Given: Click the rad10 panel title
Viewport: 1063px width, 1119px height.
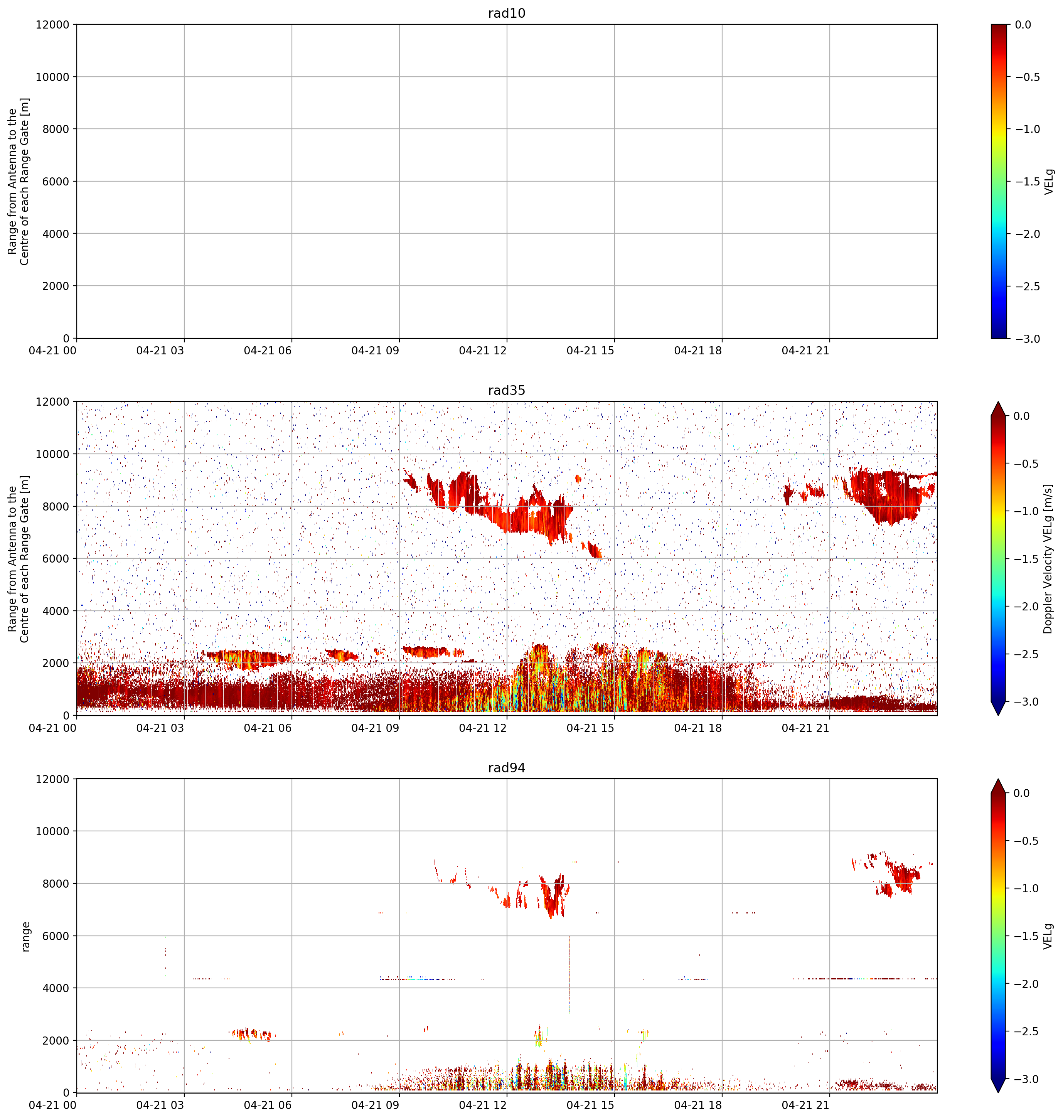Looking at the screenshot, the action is point(507,13).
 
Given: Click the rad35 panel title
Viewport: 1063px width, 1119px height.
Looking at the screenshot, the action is point(507,390).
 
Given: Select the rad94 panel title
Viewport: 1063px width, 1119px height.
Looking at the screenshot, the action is point(507,768).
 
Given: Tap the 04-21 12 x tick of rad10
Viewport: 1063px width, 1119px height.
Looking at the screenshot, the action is point(483,351).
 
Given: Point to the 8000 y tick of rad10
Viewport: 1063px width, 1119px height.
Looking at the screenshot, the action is point(56,129).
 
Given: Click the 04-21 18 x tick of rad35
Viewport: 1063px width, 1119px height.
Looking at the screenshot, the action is point(698,728).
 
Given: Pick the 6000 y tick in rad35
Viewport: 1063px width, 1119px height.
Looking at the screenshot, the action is point(56,559).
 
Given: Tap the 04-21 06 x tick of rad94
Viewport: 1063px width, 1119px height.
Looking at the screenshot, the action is point(268,1106).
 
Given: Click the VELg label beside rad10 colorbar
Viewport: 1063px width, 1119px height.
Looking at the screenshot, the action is point(1049,181).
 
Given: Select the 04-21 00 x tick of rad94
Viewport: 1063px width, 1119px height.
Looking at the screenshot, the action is point(53,1106).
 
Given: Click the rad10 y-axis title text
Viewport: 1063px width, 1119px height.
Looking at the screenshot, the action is point(19,181).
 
